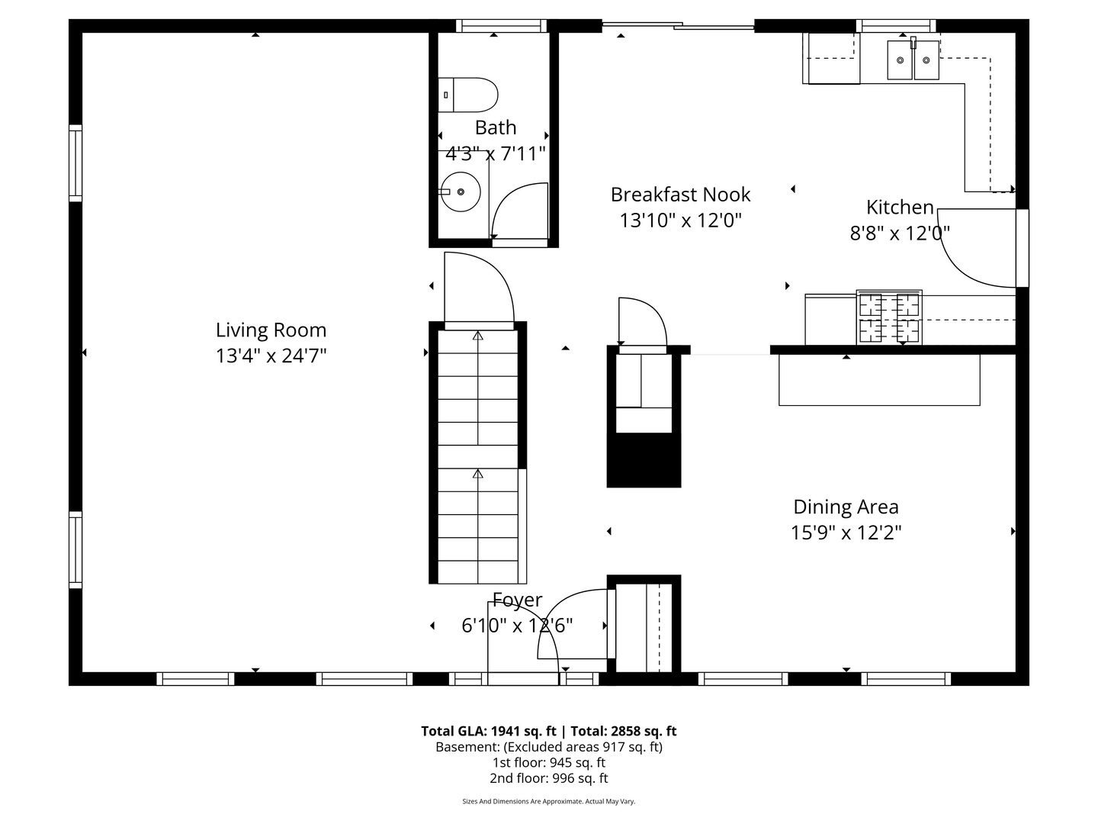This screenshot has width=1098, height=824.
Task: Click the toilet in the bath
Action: tap(467, 95)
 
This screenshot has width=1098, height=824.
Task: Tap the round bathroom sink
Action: tap(461, 192)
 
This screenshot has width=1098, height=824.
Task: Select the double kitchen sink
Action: tap(913, 60)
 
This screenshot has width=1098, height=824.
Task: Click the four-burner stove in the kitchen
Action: tap(889, 317)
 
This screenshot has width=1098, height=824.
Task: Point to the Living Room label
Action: tap(271, 330)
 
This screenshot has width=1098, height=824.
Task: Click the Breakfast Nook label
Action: tap(680, 195)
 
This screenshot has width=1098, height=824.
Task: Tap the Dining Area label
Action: tap(846, 507)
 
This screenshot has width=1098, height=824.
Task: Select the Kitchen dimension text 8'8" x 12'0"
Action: tap(900, 233)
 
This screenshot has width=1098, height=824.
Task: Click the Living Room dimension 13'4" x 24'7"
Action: tap(271, 356)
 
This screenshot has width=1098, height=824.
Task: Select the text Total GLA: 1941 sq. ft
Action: tap(488, 731)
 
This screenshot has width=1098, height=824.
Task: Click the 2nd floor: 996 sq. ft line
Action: tap(549, 778)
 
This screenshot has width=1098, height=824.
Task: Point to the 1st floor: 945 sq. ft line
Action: tap(549, 762)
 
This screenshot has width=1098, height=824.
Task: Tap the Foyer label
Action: tap(517, 600)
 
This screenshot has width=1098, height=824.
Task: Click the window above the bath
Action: tap(501, 25)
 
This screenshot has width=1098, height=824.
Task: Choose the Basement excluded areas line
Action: tap(549, 747)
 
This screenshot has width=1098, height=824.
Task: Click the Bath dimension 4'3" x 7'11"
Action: tap(495, 153)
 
